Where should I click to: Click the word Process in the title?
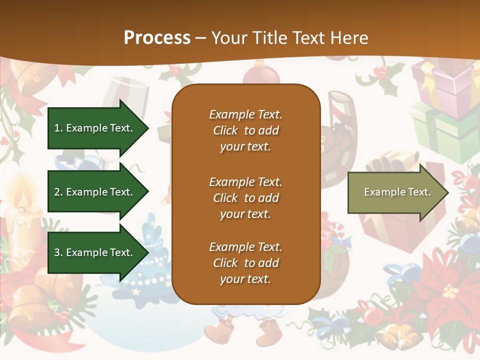(157, 38)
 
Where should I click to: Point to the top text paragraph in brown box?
(245, 130)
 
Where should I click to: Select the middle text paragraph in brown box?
(245, 198)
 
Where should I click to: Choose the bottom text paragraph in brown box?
(245, 263)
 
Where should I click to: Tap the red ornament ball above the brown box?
(261, 77)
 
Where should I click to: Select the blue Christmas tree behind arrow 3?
(150, 260)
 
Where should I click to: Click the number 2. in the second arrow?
(58, 192)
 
